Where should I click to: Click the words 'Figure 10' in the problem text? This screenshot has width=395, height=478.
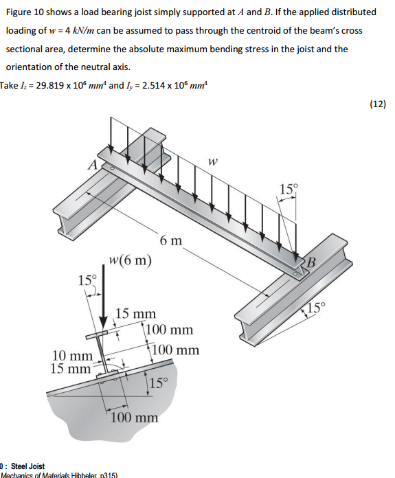pyautogui.click(x=25, y=12)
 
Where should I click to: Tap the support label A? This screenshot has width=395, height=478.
pyautogui.click(x=91, y=164)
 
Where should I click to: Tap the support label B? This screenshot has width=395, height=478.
pyautogui.click(x=311, y=262)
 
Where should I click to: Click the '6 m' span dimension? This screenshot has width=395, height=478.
pyautogui.click(x=171, y=240)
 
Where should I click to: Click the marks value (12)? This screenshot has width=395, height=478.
pyautogui.click(x=378, y=104)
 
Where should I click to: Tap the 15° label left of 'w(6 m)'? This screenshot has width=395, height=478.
pyautogui.click(x=87, y=280)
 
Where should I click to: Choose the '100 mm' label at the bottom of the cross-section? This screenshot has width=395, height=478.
pyautogui.click(x=135, y=418)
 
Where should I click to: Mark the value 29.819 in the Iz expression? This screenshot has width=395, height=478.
pyautogui.click(x=49, y=86)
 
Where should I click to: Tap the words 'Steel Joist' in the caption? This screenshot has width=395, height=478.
pyautogui.click(x=27, y=466)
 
